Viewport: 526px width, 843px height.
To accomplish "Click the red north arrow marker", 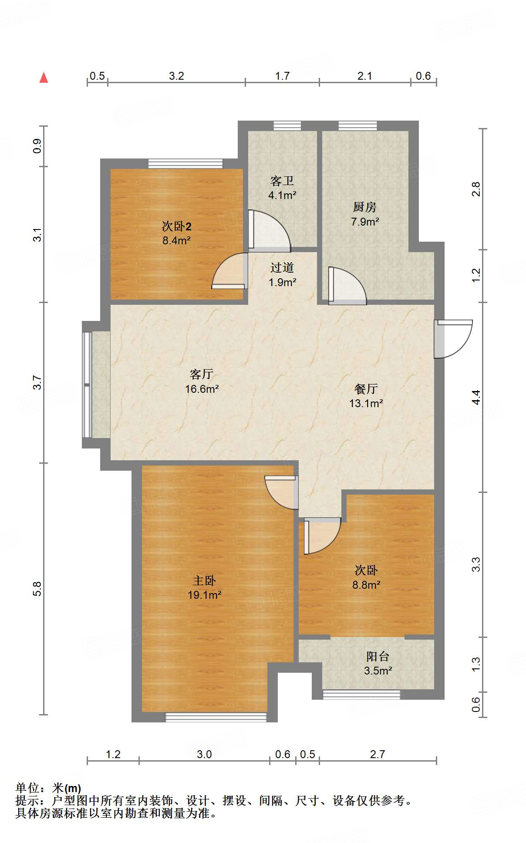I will (x=44, y=78).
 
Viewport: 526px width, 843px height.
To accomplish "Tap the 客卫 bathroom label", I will (x=282, y=181).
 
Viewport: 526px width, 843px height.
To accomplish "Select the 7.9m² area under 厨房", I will (x=365, y=222).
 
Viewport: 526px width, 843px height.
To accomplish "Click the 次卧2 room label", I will (x=176, y=226).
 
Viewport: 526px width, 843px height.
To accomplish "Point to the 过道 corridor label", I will (x=282, y=268).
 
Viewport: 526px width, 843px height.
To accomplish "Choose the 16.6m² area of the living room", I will (x=202, y=389).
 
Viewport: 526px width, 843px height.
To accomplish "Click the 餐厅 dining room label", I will (x=366, y=388).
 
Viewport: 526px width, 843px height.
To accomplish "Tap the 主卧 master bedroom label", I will (x=204, y=580).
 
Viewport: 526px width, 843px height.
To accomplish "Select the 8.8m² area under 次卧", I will (x=366, y=585).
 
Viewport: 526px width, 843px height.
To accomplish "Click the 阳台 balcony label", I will (x=377, y=656).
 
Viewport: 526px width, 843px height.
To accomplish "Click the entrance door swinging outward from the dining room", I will (x=455, y=339).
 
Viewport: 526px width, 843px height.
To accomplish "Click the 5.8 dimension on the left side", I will (x=37, y=589).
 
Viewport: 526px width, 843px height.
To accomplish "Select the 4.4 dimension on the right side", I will (x=476, y=397).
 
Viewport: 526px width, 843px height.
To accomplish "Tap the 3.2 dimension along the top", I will (x=176, y=76).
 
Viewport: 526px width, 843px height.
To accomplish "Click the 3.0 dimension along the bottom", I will (x=204, y=754).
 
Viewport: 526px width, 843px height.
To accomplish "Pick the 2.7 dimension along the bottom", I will (x=377, y=754).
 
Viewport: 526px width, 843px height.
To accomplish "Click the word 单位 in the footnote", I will (x=27, y=788).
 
